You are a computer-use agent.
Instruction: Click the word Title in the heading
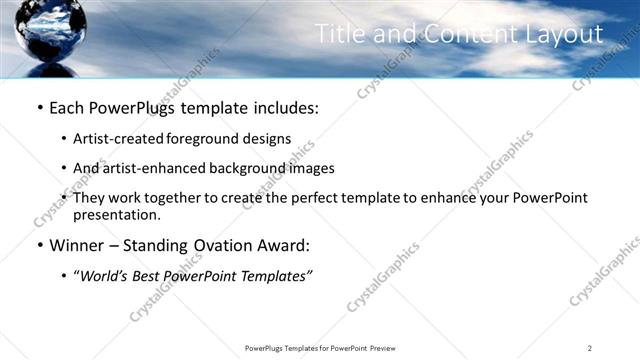pos(341,34)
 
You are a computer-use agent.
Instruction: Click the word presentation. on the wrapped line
pos(117,214)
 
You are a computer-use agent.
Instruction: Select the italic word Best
pos(153,276)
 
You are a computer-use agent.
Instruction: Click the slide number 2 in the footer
pos(590,347)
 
